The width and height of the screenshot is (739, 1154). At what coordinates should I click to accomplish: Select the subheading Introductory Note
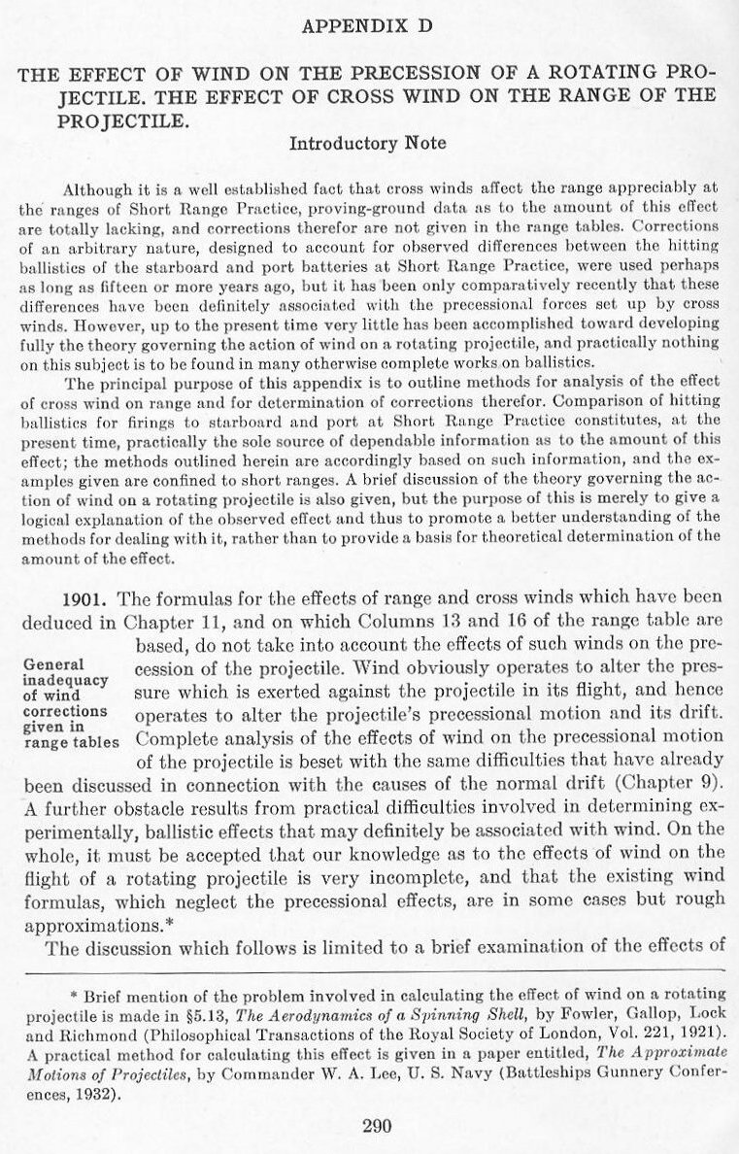coord(368,144)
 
